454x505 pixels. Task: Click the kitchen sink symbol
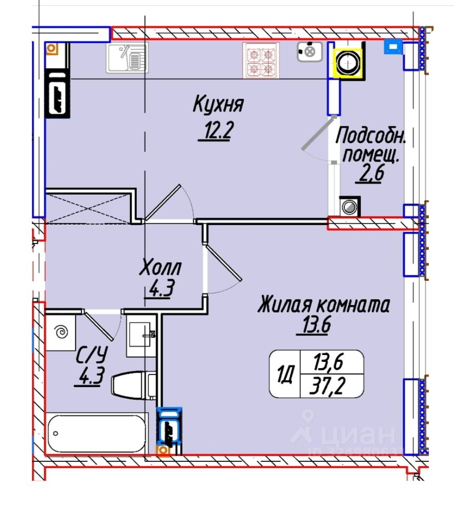point(128,57)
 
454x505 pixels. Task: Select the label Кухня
point(218,104)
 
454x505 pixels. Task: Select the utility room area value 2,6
point(370,173)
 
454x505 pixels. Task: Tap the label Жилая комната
point(323,305)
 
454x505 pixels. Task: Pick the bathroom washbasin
point(141,337)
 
